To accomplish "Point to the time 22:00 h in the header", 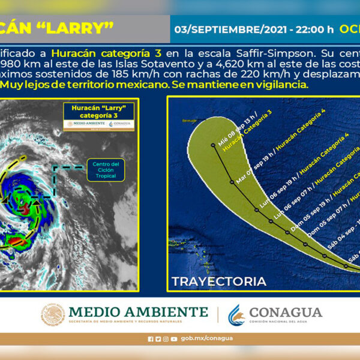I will pyautogui.click(x=318, y=29).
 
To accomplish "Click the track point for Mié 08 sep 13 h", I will pyautogui.click(x=213, y=145).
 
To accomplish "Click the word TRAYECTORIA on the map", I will pyautogui.click(x=218, y=281).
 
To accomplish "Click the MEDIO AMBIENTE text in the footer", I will pyautogui.click(x=138, y=312).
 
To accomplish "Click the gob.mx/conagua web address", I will pyautogui.click(x=206, y=338).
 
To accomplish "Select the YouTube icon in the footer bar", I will pyautogui.click(x=173, y=339).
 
